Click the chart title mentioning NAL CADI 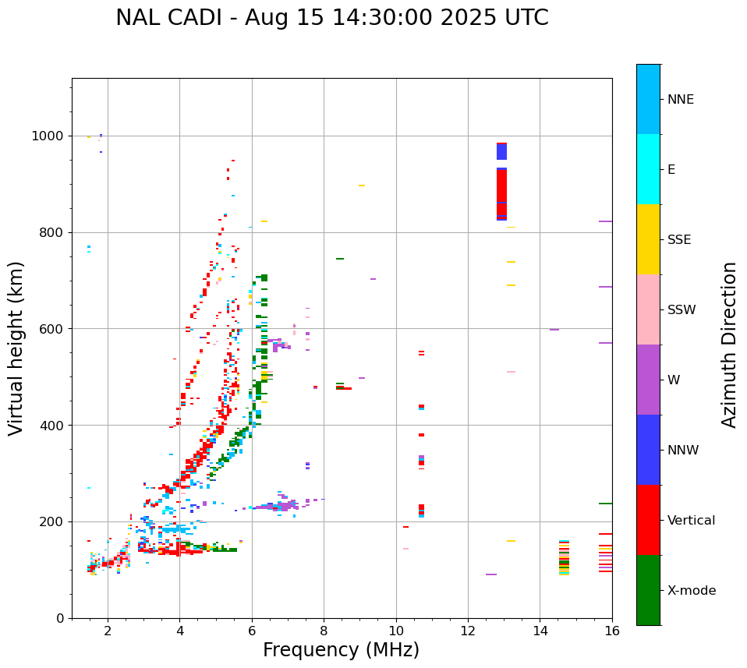click(x=331, y=18)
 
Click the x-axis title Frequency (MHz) click(x=341, y=650)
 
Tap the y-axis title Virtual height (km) click(x=16, y=348)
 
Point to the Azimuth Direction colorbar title click(x=729, y=344)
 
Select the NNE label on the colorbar click(x=680, y=100)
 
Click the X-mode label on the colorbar click(x=691, y=591)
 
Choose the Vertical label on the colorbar click(x=691, y=521)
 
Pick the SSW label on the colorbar click(x=682, y=310)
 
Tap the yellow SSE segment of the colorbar click(x=648, y=239)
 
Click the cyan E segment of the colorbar click(x=648, y=168)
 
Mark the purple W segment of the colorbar click(x=648, y=379)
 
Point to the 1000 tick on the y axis click(x=48, y=136)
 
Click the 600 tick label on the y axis click(x=52, y=329)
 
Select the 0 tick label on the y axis click(x=60, y=618)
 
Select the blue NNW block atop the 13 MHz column click(x=501, y=152)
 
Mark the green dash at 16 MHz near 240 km click(x=605, y=504)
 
